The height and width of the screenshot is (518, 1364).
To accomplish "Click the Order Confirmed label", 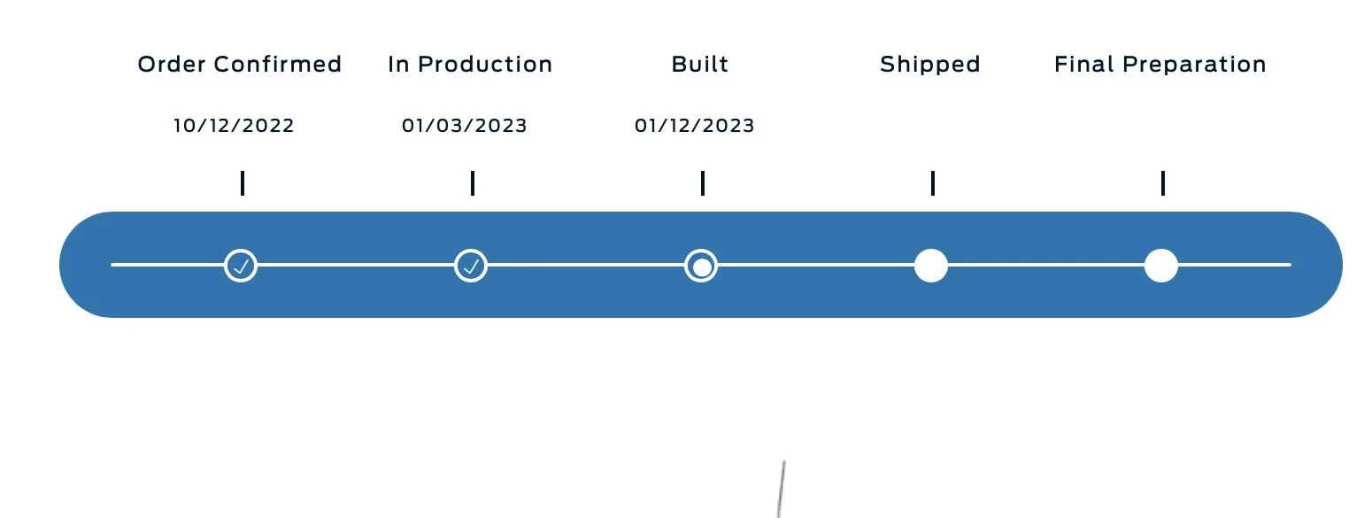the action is (240, 64).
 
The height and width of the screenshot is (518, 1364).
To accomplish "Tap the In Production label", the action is (470, 64).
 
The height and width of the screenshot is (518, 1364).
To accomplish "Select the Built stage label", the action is (699, 64).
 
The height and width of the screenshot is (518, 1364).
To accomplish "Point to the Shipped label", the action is (929, 65).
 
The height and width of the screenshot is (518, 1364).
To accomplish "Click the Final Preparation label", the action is (1160, 65).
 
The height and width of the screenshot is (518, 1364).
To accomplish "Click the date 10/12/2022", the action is (234, 126).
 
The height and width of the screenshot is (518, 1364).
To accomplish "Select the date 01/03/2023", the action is (464, 126).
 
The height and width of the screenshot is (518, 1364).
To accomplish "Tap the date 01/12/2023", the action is (694, 126).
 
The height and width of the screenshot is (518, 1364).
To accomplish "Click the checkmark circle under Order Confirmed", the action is (241, 266).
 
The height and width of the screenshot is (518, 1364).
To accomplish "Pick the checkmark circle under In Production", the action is (471, 266).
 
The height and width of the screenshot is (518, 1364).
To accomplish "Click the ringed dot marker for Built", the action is (701, 266).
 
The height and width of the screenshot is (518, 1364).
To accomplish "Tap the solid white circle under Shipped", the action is (931, 266).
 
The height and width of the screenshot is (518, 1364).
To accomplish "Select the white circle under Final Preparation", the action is (1161, 266).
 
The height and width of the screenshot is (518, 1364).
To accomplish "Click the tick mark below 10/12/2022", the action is (243, 183).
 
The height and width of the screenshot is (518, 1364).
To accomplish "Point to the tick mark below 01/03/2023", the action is (473, 183).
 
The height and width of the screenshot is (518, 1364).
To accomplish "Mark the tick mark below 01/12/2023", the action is (703, 183).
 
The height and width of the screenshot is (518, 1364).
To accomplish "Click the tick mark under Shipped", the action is (933, 183).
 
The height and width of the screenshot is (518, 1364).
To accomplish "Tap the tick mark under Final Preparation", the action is (1163, 183).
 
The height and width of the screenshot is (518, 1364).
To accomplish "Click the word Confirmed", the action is (278, 64).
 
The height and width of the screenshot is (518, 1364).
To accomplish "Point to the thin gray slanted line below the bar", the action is (782, 490).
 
